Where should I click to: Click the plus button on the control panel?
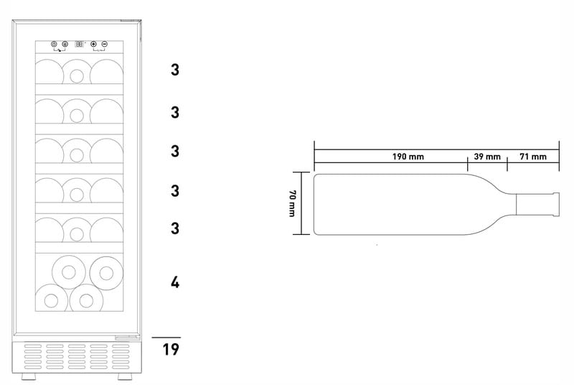[93, 44]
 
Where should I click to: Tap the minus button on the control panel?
[104, 44]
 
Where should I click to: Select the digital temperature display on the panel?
[79, 44]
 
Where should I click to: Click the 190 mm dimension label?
[408, 157]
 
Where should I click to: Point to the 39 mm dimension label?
[487, 157]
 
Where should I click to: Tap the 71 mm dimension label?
[533, 157]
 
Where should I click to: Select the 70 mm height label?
[292, 203]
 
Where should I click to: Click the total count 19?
[171, 349]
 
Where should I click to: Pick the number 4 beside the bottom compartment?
[175, 282]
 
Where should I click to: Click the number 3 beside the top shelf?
[175, 70]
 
